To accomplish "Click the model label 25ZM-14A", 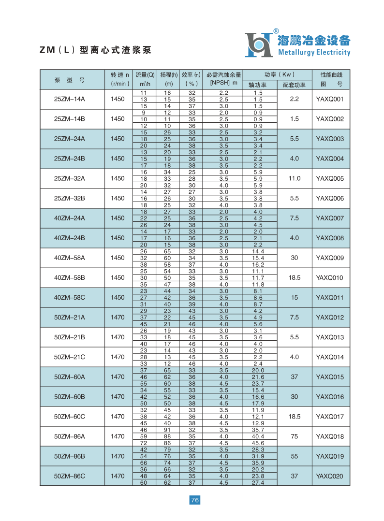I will (x=69, y=99).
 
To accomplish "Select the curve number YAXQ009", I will (x=329, y=258).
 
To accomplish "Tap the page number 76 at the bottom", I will (x=195, y=500).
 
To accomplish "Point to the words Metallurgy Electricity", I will (x=314, y=53).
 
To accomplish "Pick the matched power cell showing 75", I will (x=295, y=436).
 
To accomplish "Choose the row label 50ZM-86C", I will (x=69, y=476).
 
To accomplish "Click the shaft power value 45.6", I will (x=258, y=443).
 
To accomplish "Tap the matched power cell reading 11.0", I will (x=295, y=178).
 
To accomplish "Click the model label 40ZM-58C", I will (x=69, y=297).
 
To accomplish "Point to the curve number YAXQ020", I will (x=329, y=476).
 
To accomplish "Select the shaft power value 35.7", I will (x=258, y=430).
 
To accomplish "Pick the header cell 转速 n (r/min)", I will (x=120, y=79).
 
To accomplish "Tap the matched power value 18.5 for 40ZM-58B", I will (x=295, y=277).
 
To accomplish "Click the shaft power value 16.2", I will (x=258, y=264).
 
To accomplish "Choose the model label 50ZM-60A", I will (x=69, y=376).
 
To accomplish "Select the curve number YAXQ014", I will (x=329, y=357).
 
